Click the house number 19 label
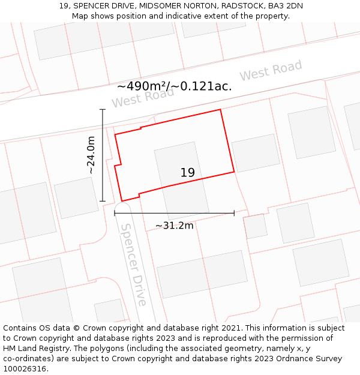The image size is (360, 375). click(187, 173)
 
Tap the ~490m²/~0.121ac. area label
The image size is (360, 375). click(174, 86)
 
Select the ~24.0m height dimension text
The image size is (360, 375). click(91, 155)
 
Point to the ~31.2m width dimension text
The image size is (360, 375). click(174, 226)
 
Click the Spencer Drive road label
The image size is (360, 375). click(133, 264)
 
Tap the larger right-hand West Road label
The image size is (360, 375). click(271, 71)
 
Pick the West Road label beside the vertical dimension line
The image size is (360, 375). click(142, 98)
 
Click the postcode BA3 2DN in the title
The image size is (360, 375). click(286, 6)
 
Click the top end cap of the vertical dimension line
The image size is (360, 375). click(103, 110)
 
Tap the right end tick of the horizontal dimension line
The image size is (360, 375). click(234, 213)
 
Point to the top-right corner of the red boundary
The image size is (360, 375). click(221, 110)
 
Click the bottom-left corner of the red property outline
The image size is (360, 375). click(122, 201)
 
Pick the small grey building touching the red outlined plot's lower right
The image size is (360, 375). click(255, 226)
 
